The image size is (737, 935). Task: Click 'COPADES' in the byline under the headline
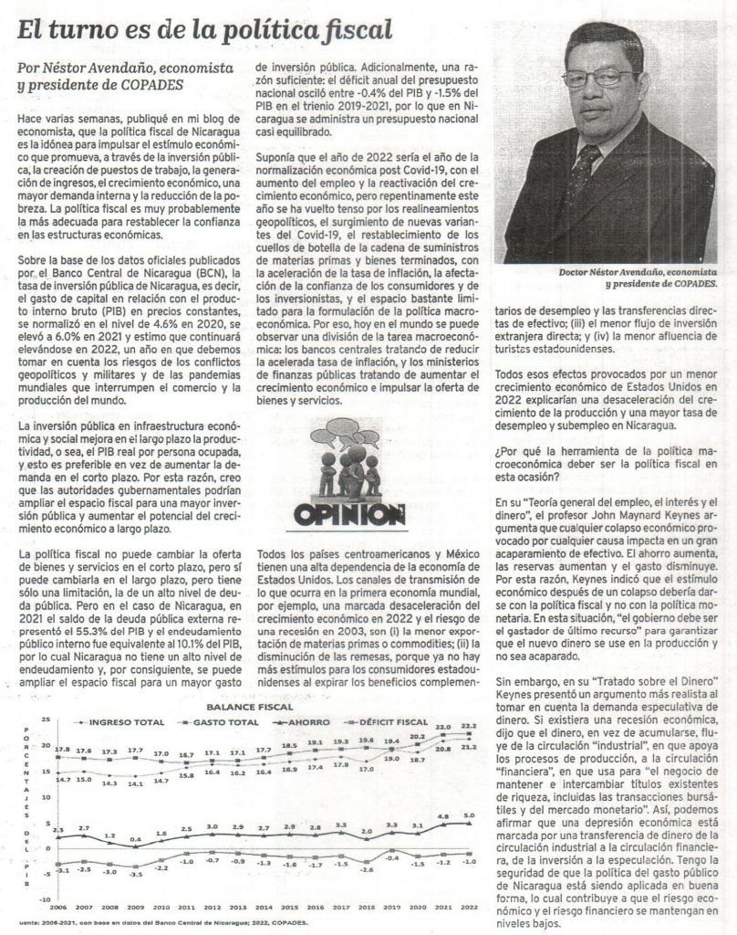click(148, 85)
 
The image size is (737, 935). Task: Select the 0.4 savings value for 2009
click(136, 838)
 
